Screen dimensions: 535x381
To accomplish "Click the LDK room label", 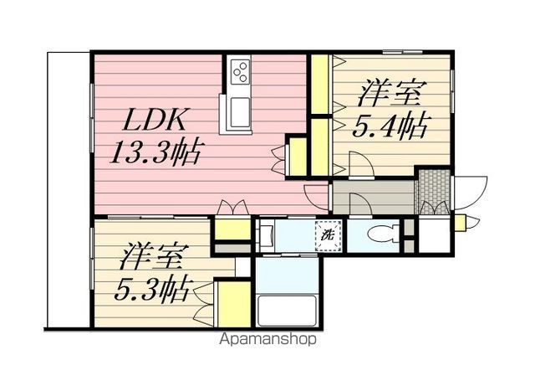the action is point(156,120).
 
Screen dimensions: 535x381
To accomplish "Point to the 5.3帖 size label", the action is point(151,290).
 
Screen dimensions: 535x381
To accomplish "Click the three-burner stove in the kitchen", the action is point(240,72).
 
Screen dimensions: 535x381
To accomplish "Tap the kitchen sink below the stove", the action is point(240,111).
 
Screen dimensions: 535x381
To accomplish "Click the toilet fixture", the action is point(384,234).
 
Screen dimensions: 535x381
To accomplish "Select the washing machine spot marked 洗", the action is point(328,236).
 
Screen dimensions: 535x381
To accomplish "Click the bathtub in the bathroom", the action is point(288,311).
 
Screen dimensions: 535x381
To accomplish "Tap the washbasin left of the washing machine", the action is point(266,236).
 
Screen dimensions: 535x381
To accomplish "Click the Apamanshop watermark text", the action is point(267,339).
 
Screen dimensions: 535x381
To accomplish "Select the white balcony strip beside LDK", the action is point(69,189).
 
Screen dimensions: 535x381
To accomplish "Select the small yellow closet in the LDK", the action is point(298,157).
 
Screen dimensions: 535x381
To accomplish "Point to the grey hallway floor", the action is point(374,198).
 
